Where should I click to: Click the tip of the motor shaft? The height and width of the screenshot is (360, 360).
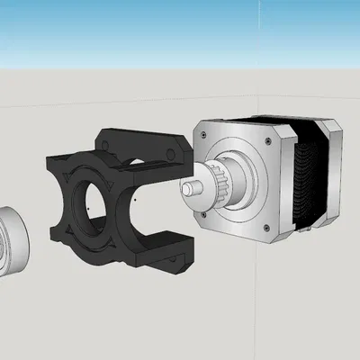[x=186, y=189]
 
